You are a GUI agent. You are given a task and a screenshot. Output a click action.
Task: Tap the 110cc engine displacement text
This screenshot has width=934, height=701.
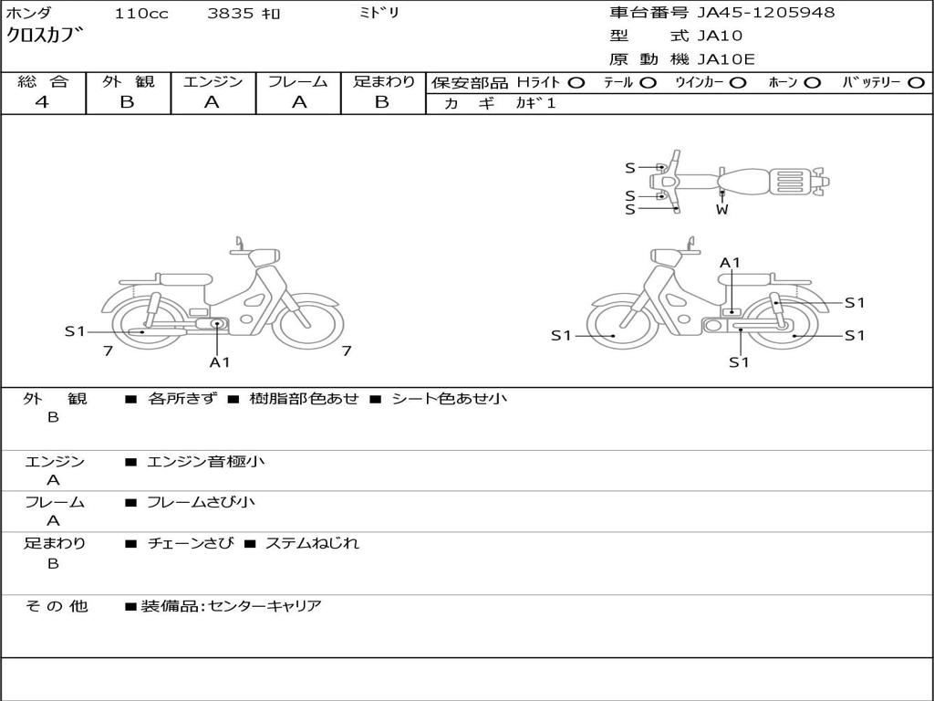pos(141,14)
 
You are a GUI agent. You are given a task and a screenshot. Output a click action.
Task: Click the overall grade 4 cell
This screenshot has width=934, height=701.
pos(42,102)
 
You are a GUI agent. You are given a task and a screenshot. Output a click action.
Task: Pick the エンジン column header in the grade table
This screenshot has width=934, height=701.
pos(213,81)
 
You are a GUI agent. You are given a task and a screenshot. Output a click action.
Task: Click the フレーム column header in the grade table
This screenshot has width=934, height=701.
pos(298,81)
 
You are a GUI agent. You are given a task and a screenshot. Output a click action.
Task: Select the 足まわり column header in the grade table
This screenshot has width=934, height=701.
pos(383,81)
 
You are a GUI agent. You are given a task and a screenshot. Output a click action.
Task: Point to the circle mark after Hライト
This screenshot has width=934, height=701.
pos(576,82)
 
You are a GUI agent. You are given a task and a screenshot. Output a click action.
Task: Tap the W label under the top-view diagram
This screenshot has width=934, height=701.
pos(721,210)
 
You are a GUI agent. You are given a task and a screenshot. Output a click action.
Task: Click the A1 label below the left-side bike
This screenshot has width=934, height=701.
pos(220,361)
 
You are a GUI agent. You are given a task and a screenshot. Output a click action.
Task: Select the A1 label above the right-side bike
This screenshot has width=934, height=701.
pos(731,263)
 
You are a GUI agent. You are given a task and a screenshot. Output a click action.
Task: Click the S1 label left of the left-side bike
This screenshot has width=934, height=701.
pos(75,331)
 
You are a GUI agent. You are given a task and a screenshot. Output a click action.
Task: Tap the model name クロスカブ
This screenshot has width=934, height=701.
pos(46,37)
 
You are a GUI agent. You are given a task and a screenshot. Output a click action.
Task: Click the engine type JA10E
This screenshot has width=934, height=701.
pos(726,60)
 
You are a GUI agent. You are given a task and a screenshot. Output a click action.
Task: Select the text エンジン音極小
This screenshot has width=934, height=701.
pos(206,462)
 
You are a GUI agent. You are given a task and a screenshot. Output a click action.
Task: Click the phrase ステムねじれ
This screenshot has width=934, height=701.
pos(312,543)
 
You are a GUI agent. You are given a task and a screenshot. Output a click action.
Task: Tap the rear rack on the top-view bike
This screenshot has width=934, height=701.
pos(789,181)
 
